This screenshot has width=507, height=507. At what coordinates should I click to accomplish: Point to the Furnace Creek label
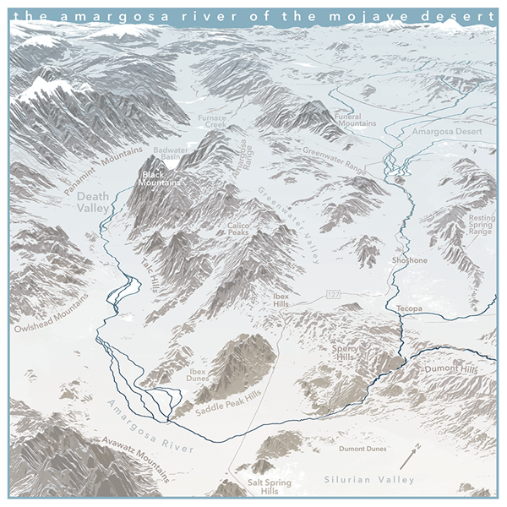210,120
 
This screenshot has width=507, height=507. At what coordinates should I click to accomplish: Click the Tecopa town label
410,308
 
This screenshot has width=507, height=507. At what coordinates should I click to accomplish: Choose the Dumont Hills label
450,370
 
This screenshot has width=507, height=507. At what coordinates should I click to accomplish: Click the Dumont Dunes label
363,449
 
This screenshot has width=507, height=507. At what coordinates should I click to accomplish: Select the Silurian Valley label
369,480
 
